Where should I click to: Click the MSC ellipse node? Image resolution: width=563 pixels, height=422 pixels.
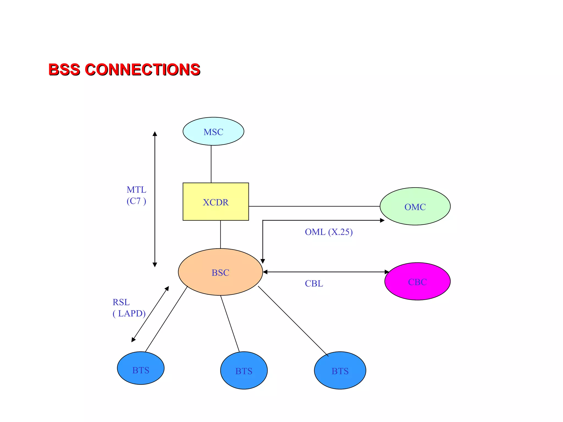tap(213, 131)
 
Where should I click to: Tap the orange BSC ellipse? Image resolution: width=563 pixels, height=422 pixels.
tap(220, 272)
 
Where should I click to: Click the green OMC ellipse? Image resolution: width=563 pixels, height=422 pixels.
tap(415, 206)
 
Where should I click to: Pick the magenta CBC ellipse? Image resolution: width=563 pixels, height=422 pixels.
tap(417, 281)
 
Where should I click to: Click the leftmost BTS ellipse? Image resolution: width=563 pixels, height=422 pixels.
tap(140, 368)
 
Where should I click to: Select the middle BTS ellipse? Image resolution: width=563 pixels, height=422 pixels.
tap(244, 370)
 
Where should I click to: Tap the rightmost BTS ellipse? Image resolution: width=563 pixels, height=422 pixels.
tap(340, 370)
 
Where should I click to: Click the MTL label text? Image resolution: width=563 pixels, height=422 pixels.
tap(136, 190)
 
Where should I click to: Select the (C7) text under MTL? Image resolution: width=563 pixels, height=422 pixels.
tap(136, 201)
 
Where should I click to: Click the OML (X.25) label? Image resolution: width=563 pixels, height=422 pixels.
tap(329, 232)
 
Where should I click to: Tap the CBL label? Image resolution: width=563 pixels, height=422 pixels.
tap(314, 283)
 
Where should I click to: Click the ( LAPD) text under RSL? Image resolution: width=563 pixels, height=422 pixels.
tap(129, 313)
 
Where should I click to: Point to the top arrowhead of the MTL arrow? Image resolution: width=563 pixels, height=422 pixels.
tap(155, 134)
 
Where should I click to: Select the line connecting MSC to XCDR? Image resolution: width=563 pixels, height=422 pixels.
tap(211, 164)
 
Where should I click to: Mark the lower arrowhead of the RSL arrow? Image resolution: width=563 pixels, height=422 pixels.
tap(133, 340)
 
